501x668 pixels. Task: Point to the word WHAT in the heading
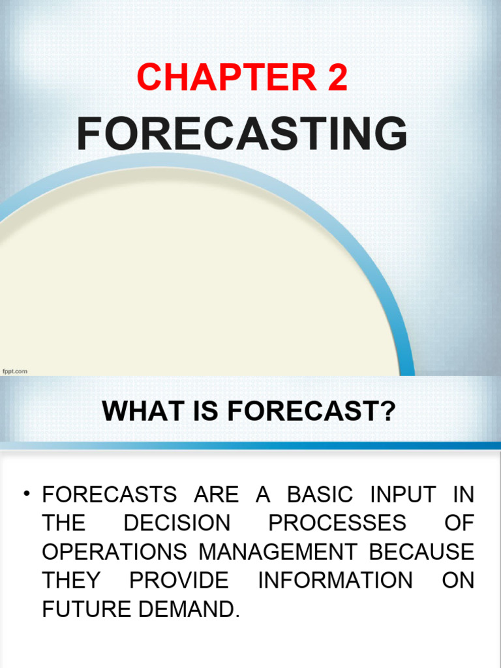pos(135,412)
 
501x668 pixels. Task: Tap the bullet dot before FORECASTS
pos(27,494)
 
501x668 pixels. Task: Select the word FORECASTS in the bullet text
pos(109,494)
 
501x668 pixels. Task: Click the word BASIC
pos(320,494)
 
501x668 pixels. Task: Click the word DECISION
pos(177,523)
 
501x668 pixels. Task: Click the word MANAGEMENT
pos(278,552)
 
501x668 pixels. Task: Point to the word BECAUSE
pos(421,552)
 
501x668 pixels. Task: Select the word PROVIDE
pos(179,581)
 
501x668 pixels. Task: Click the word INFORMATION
pos(335,581)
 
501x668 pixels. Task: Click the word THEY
pos(71,581)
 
